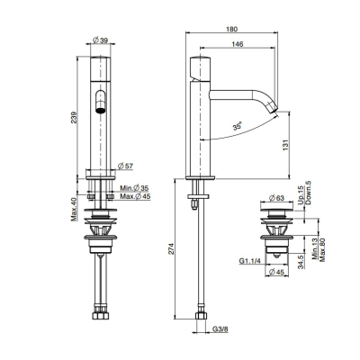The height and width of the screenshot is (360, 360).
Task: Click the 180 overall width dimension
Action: [x=232, y=29]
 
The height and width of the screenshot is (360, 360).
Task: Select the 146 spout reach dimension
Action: [x=238, y=44]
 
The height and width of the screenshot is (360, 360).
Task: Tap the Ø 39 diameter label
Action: [x=100, y=40]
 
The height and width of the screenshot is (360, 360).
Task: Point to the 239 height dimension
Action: [x=74, y=117]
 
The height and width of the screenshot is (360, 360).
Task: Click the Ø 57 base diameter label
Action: [x=125, y=166]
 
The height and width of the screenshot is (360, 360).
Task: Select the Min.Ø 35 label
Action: [x=134, y=188]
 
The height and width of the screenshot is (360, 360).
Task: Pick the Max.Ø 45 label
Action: [x=135, y=196]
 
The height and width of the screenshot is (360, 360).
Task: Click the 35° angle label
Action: [x=238, y=126]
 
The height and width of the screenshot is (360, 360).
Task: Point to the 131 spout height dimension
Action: [x=286, y=145]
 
